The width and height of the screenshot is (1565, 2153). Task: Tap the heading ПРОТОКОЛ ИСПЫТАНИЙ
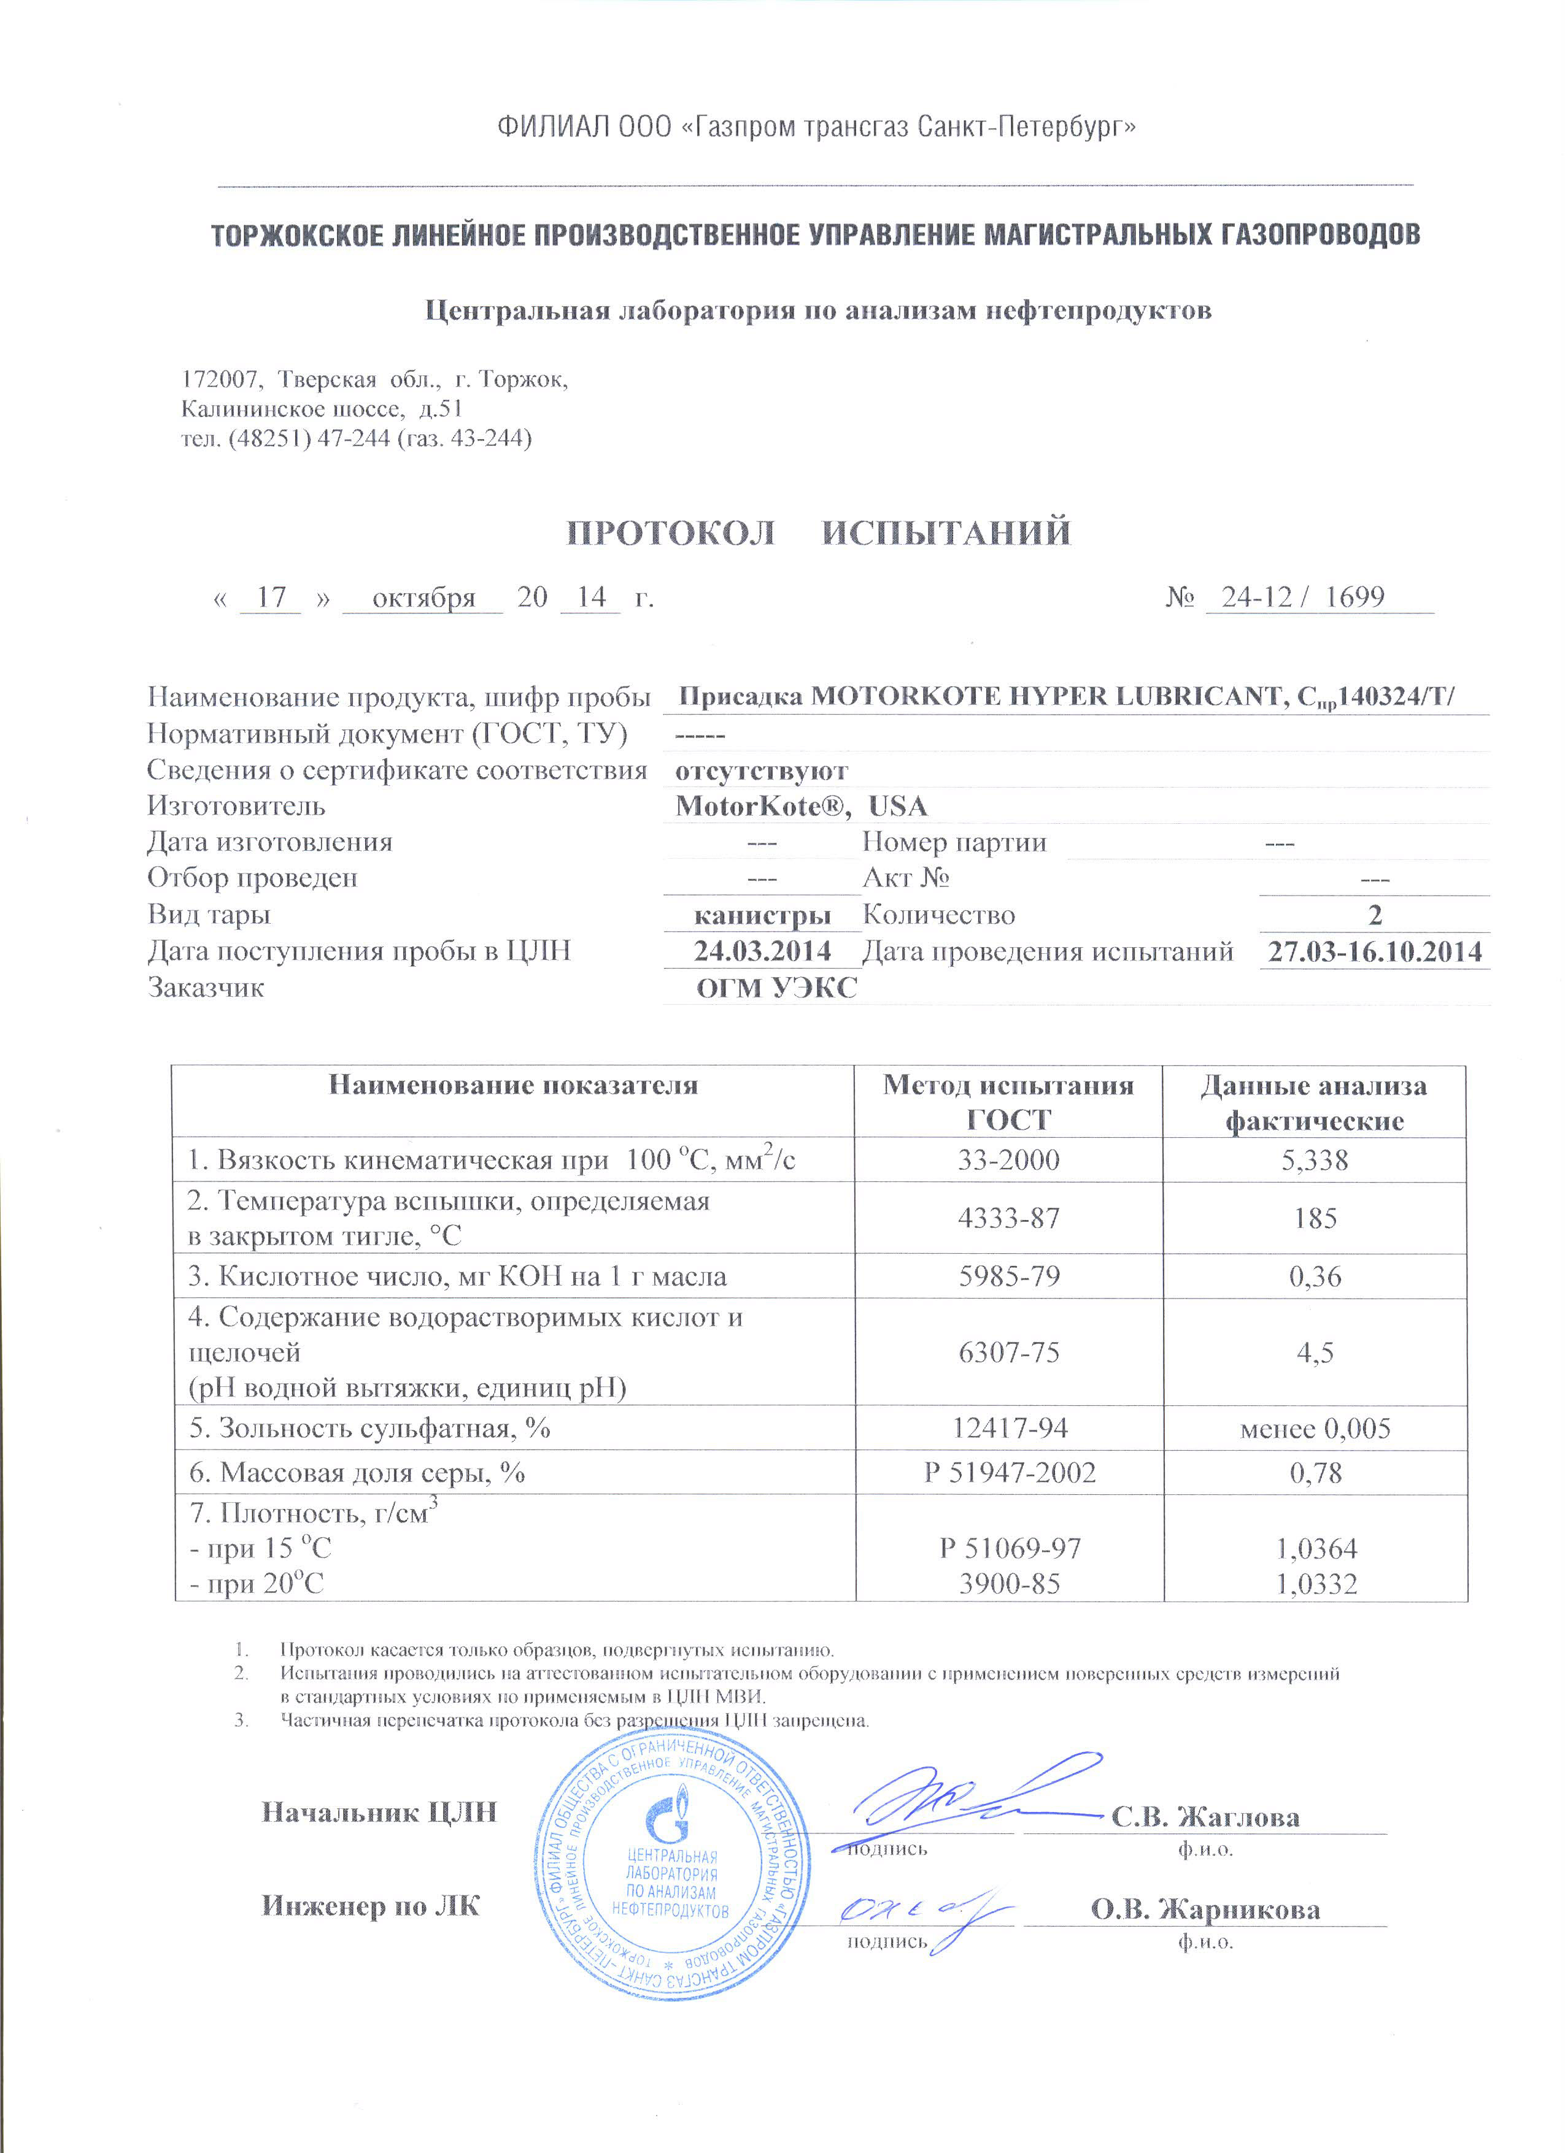(819, 532)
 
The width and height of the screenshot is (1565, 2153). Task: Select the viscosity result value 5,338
(1315, 1160)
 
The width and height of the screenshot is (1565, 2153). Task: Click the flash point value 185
(1315, 1218)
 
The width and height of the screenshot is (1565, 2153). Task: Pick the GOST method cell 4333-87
(1008, 1218)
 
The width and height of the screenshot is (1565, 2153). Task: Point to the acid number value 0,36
(1315, 1276)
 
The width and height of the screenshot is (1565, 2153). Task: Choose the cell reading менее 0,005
(1315, 1429)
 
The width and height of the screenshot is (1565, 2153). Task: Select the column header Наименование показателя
(513, 1085)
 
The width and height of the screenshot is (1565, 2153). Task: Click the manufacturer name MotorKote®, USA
(800, 806)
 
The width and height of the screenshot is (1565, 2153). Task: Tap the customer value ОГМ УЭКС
(776, 988)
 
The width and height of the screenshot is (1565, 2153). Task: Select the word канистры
(762, 915)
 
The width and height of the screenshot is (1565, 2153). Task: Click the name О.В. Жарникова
(1204, 1908)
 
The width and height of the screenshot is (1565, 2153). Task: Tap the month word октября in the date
(423, 598)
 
